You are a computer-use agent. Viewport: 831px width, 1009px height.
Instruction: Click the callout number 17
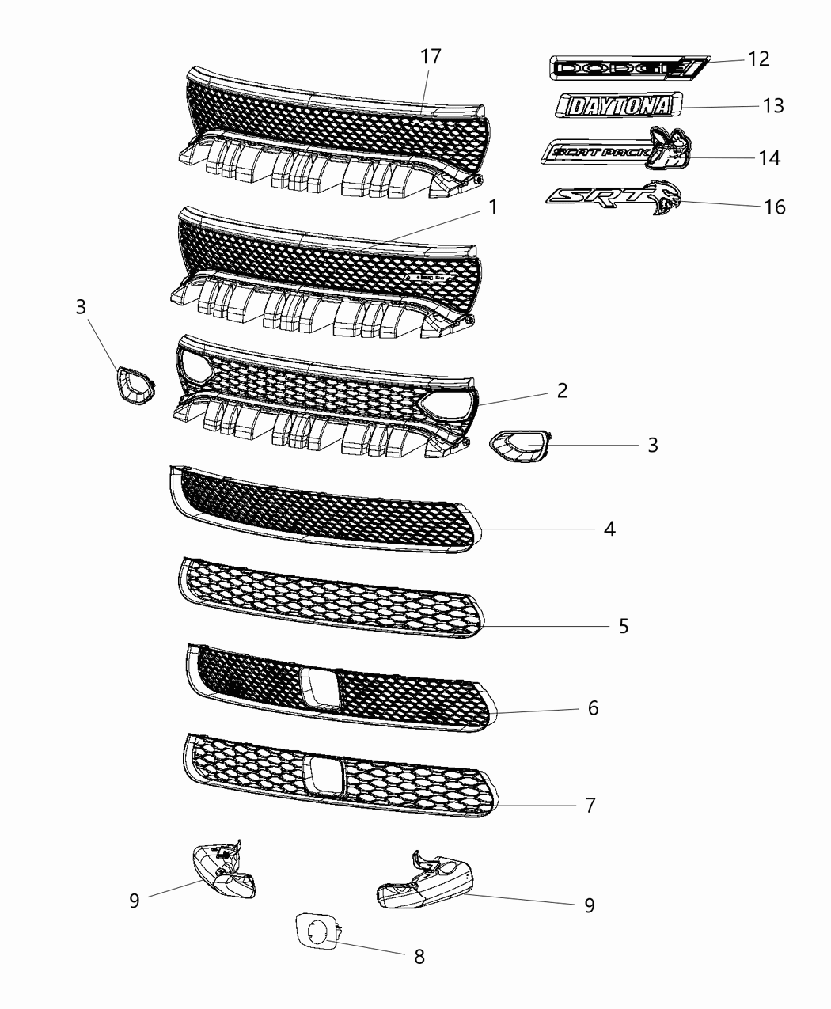click(431, 57)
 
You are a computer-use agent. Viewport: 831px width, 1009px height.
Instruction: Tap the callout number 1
click(493, 207)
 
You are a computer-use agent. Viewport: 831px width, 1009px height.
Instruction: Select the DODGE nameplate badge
click(625, 69)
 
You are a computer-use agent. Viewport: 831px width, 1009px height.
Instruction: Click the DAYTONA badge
click(618, 106)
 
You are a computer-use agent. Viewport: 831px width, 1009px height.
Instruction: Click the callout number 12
click(758, 59)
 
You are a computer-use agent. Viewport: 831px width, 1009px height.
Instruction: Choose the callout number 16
click(775, 207)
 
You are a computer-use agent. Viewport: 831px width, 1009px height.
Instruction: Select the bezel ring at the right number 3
click(519, 448)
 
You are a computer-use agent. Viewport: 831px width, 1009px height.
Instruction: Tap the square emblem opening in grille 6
click(320, 685)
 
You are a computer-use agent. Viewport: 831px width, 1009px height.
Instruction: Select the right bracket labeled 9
click(423, 882)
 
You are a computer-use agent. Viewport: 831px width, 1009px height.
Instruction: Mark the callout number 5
click(624, 626)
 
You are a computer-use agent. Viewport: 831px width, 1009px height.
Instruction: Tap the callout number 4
click(609, 529)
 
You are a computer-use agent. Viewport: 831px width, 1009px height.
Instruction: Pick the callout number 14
click(768, 157)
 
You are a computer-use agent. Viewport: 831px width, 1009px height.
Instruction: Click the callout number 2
click(562, 390)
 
